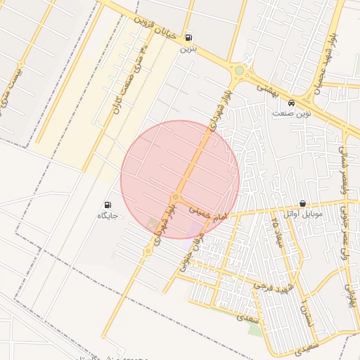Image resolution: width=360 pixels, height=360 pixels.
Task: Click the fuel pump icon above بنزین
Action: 188,38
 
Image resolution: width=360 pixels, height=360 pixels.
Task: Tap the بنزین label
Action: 187,49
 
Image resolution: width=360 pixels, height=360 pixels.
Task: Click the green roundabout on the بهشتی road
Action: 239,70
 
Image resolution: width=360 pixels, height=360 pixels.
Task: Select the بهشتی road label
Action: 268,88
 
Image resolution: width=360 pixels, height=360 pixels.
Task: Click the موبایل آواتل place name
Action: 303,213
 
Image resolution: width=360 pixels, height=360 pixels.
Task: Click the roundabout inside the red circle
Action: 174,196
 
